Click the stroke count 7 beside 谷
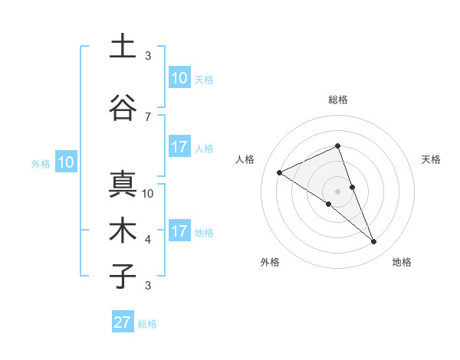coord(148,116)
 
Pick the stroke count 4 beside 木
coord(148,240)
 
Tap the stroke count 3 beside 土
coord(148,56)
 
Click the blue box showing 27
coord(123,322)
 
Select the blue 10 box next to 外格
coord(65,162)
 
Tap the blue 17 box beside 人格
coord(179,147)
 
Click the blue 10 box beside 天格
coord(179,78)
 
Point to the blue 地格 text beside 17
coord(204,233)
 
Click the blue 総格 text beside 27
coord(148,324)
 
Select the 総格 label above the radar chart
coord(338,100)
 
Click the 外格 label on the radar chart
coord(270,262)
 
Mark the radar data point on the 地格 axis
coord(374,242)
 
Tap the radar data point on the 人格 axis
coord(280,172)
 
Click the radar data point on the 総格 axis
coord(338,146)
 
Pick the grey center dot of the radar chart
coord(338,191)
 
